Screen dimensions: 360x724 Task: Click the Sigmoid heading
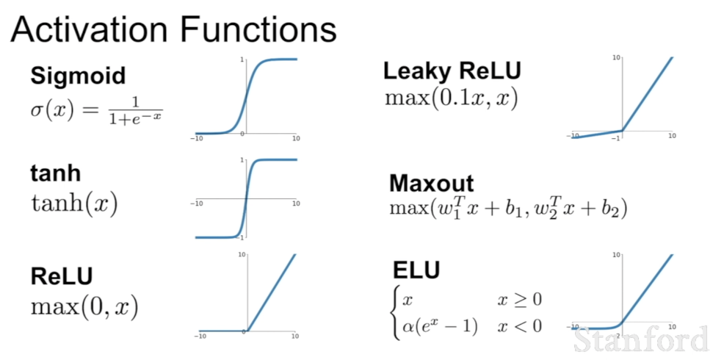[x=78, y=76]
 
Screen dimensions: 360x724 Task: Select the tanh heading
[x=56, y=174]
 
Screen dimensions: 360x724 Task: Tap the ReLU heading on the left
[x=62, y=276]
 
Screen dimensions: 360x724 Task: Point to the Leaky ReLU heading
[x=452, y=71]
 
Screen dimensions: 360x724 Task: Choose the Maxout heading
[x=432, y=183]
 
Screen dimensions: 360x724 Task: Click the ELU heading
[x=416, y=270]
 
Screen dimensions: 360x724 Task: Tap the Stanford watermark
[x=641, y=339]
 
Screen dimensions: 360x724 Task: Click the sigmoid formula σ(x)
[x=95, y=112]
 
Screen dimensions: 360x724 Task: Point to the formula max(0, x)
[x=84, y=306]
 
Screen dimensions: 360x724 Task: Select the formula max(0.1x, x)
[x=451, y=98]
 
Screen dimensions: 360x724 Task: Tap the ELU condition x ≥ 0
[x=519, y=300]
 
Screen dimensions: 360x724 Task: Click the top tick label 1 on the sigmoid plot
[x=242, y=59]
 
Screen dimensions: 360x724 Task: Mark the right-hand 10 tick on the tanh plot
[x=296, y=204]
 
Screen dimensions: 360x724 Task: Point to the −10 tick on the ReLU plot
[x=200, y=336]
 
